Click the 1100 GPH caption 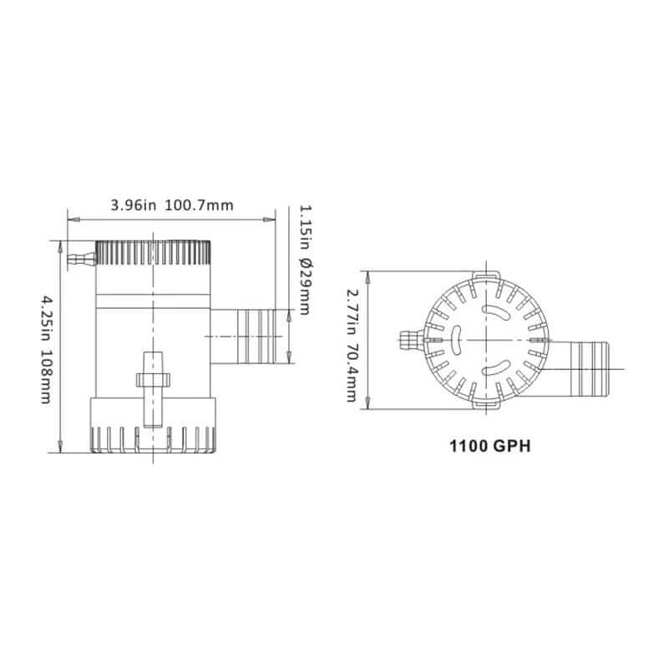490,446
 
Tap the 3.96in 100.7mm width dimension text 172,205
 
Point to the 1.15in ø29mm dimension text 305,260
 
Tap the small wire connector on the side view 82,259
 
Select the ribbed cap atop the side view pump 153,253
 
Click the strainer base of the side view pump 153,425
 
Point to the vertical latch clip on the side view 153,389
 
